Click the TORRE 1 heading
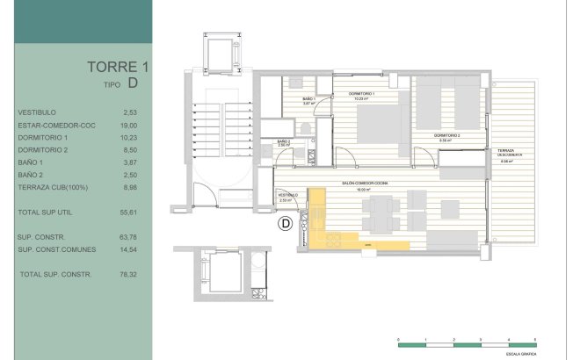click(112, 67)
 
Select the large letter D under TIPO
click(133, 84)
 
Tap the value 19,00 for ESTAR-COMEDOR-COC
click(131, 126)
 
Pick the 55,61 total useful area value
click(131, 213)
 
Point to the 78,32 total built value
click(131, 275)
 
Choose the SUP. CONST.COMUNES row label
click(55, 249)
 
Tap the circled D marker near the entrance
click(285, 225)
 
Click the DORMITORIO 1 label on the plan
click(362, 94)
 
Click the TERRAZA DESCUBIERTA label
click(507, 154)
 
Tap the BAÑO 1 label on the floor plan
click(308, 98)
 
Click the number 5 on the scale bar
click(535, 339)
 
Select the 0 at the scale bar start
click(399, 339)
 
